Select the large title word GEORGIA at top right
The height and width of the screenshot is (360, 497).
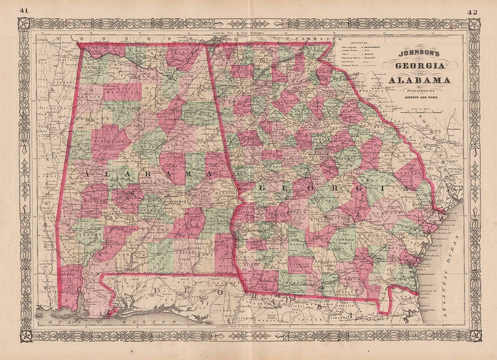click(x=419, y=66)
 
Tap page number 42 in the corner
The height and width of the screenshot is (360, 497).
click(x=473, y=12)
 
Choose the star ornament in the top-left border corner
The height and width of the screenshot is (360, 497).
click(x=23, y=24)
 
